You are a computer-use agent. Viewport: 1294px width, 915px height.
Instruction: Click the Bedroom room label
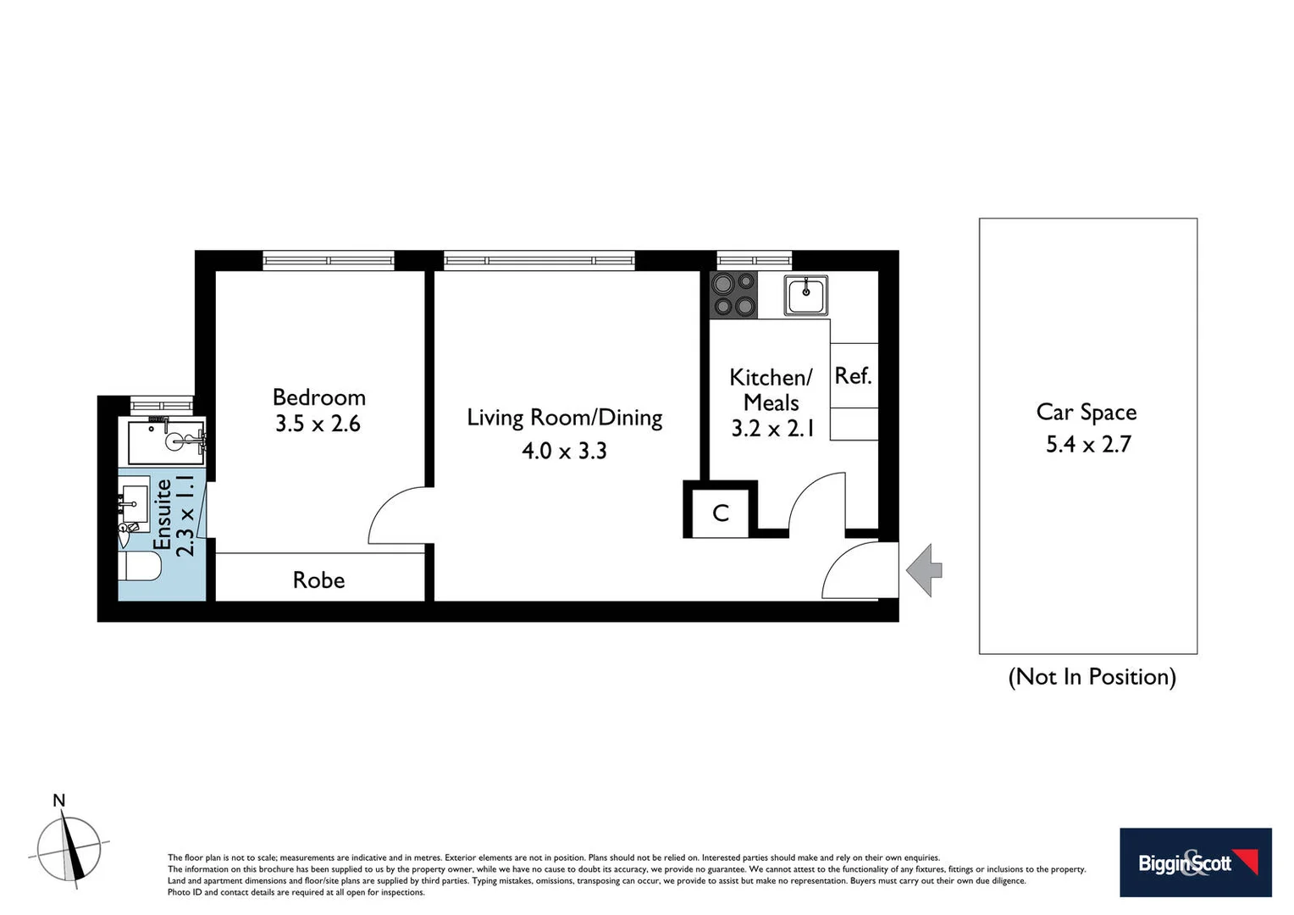[318, 397]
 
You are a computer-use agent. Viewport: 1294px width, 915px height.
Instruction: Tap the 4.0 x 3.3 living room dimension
[564, 451]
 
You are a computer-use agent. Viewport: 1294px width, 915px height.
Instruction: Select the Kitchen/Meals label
[771, 390]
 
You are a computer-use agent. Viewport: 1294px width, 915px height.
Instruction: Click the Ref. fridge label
[853, 376]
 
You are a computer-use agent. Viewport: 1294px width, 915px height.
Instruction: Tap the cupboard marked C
[721, 513]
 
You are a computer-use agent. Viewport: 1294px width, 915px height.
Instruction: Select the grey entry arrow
[924, 570]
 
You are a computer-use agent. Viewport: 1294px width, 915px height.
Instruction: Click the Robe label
[318, 580]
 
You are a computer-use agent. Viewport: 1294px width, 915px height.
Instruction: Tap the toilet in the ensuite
[141, 567]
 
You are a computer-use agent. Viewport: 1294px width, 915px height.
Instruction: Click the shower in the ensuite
[167, 441]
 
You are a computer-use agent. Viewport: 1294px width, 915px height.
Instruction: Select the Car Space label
[1087, 413]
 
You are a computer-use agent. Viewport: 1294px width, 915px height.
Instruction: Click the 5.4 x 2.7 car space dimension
[1088, 444]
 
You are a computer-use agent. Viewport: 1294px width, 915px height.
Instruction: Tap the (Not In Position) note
[1092, 677]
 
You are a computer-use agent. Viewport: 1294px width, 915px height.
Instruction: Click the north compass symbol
[69, 847]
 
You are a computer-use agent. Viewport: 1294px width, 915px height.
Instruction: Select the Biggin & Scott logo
[1195, 862]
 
